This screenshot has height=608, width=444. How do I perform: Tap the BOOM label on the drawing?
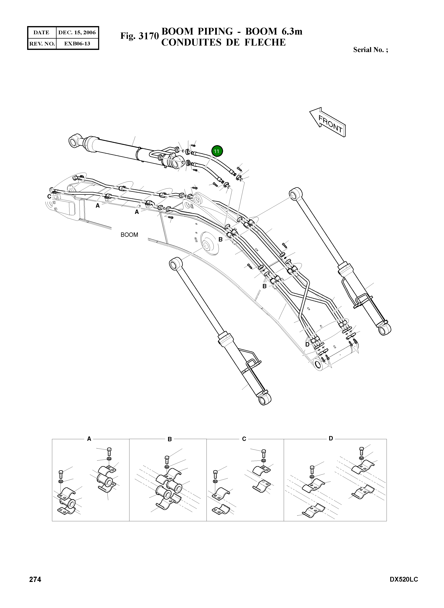point(129,235)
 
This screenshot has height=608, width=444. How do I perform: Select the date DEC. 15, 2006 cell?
point(77,33)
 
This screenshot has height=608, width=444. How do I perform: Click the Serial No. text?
point(370,50)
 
